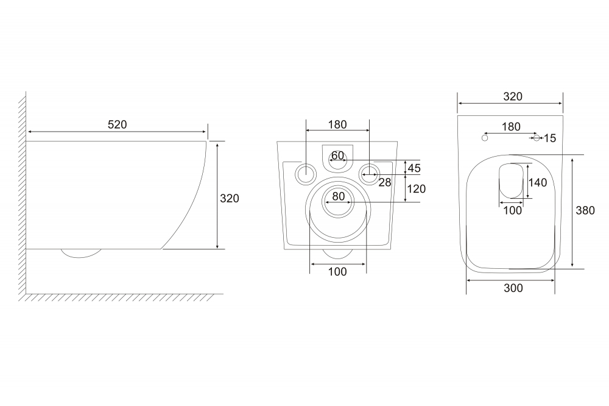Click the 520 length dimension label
[117, 124]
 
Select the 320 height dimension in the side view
[229, 198]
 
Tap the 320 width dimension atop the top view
[513, 96]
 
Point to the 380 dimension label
[585, 210]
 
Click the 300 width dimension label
[513, 288]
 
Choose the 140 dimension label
[538, 182]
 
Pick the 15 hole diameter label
[550, 138]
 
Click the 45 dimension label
[414, 168]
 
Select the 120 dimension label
[417, 189]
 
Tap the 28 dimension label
[384, 182]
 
